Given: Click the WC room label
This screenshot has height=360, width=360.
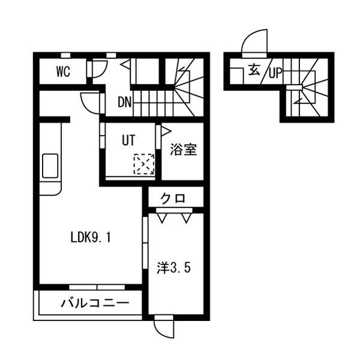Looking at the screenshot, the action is point(63,71).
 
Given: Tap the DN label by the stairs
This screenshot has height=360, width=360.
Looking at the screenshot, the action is point(125,102).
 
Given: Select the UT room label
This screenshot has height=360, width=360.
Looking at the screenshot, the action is point(128,140).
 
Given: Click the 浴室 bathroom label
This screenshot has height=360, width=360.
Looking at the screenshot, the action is point(184,149).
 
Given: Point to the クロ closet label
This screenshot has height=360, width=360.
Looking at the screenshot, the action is point(173,199).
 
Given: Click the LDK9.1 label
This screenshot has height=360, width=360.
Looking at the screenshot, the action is point(91,238).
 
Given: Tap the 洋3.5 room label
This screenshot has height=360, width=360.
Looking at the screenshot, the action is point(174,268).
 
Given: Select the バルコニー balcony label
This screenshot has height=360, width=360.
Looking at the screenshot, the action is point(95,303).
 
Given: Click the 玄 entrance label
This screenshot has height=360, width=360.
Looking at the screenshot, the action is point(254,70).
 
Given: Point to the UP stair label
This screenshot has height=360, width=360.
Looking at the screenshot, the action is point(275,73).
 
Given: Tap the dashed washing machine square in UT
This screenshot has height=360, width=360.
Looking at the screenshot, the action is point(144,164).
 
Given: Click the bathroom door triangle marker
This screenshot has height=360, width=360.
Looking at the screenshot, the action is point(167,131).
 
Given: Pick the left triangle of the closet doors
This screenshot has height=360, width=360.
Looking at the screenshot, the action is point(162,218).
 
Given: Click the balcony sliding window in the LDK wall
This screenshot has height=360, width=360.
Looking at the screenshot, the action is point(97,287).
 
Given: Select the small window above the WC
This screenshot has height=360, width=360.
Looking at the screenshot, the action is point(66,55).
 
